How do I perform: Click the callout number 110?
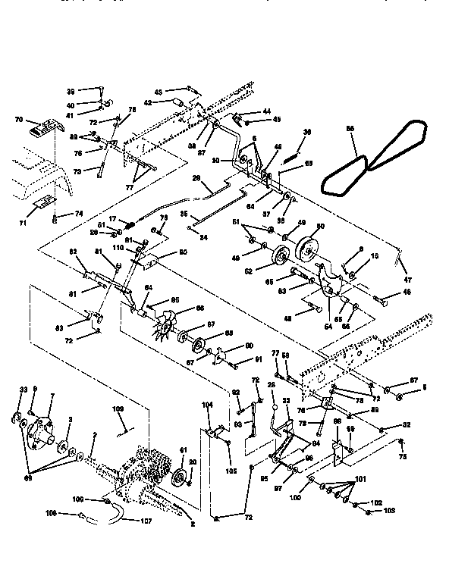coord(119,249)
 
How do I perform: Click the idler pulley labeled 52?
coord(281,257)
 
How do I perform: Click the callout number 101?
coord(360,478)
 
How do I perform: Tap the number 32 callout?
coord(407,426)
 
